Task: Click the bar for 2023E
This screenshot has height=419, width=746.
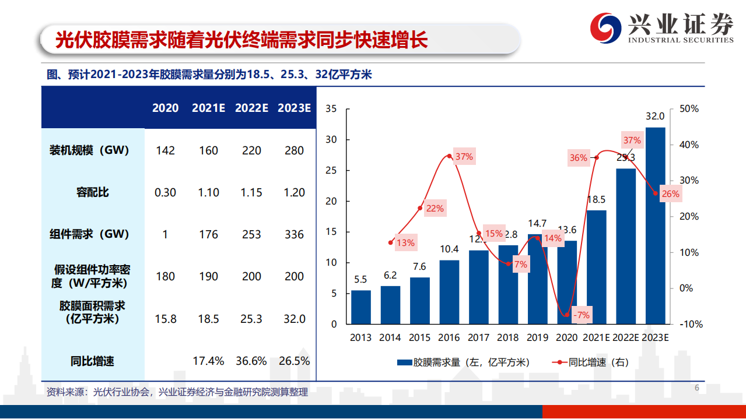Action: click(x=655, y=225)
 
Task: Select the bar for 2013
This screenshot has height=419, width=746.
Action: click(x=360, y=307)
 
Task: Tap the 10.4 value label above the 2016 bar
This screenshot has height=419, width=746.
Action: click(x=449, y=249)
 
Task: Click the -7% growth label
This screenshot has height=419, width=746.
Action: click(x=582, y=315)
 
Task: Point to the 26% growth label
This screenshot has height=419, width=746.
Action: click(x=670, y=194)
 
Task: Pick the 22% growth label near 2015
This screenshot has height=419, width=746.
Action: click(x=435, y=208)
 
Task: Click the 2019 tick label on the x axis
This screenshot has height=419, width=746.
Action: click(x=537, y=337)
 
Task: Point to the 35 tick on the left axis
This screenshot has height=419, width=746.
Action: click(x=331, y=109)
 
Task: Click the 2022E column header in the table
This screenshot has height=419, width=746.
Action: click(x=251, y=108)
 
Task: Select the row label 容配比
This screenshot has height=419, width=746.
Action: click(x=93, y=192)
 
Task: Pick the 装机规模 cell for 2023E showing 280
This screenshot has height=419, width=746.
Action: click(x=294, y=150)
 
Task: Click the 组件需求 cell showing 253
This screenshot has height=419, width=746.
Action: click(x=251, y=234)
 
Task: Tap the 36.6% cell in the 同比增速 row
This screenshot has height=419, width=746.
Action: click(x=251, y=361)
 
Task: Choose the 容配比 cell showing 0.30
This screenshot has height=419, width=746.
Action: click(x=165, y=192)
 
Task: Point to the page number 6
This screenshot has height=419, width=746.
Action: click(x=696, y=389)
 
